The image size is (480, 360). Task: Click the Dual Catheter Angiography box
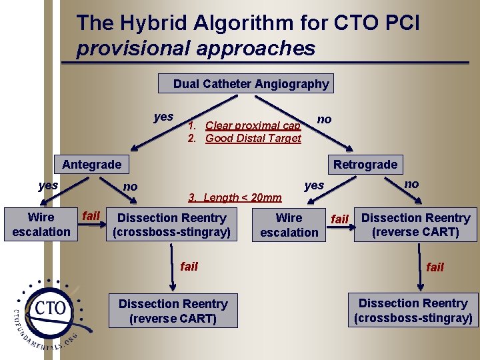(247, 84)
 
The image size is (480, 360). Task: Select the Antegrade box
(92, 164)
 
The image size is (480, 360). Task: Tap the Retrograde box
(365, 164)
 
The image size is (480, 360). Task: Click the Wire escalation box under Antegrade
(41, 225)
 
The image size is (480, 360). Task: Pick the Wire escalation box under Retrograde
(289, 225)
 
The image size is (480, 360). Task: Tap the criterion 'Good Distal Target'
(253, 138)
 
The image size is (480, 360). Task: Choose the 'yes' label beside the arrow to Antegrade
(163, 117)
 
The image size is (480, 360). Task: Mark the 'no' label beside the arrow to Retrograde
(324, 119)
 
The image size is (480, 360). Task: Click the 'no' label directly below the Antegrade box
(131, 187)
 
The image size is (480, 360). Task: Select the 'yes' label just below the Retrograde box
(314, 185)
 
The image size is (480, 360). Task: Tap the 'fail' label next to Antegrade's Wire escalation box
(91, 215)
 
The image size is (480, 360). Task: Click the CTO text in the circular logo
(51, 307)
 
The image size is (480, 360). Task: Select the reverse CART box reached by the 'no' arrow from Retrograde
(415, 225)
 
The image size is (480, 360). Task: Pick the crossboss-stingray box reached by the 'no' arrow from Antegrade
(172, 225)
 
